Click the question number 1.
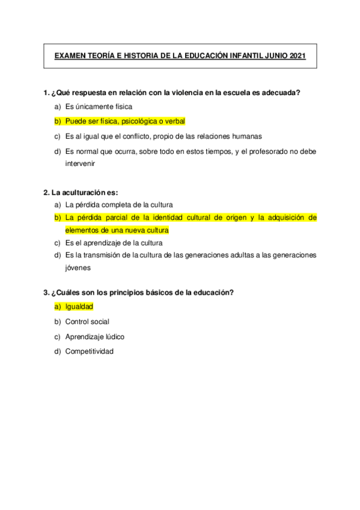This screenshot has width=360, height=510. pos(46,93)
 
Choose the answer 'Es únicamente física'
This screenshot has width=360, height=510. pos(99,106)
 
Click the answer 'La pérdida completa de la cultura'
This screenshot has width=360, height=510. pos(119,205)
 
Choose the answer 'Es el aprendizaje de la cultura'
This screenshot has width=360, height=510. pos(114,243)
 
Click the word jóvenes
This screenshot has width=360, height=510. pos(78,268)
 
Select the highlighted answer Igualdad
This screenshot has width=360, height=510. pos(79,307)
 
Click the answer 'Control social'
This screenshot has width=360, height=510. pos(87,322)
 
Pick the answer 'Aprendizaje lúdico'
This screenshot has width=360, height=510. pos(95,337)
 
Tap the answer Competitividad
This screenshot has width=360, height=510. pos(89,351)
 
